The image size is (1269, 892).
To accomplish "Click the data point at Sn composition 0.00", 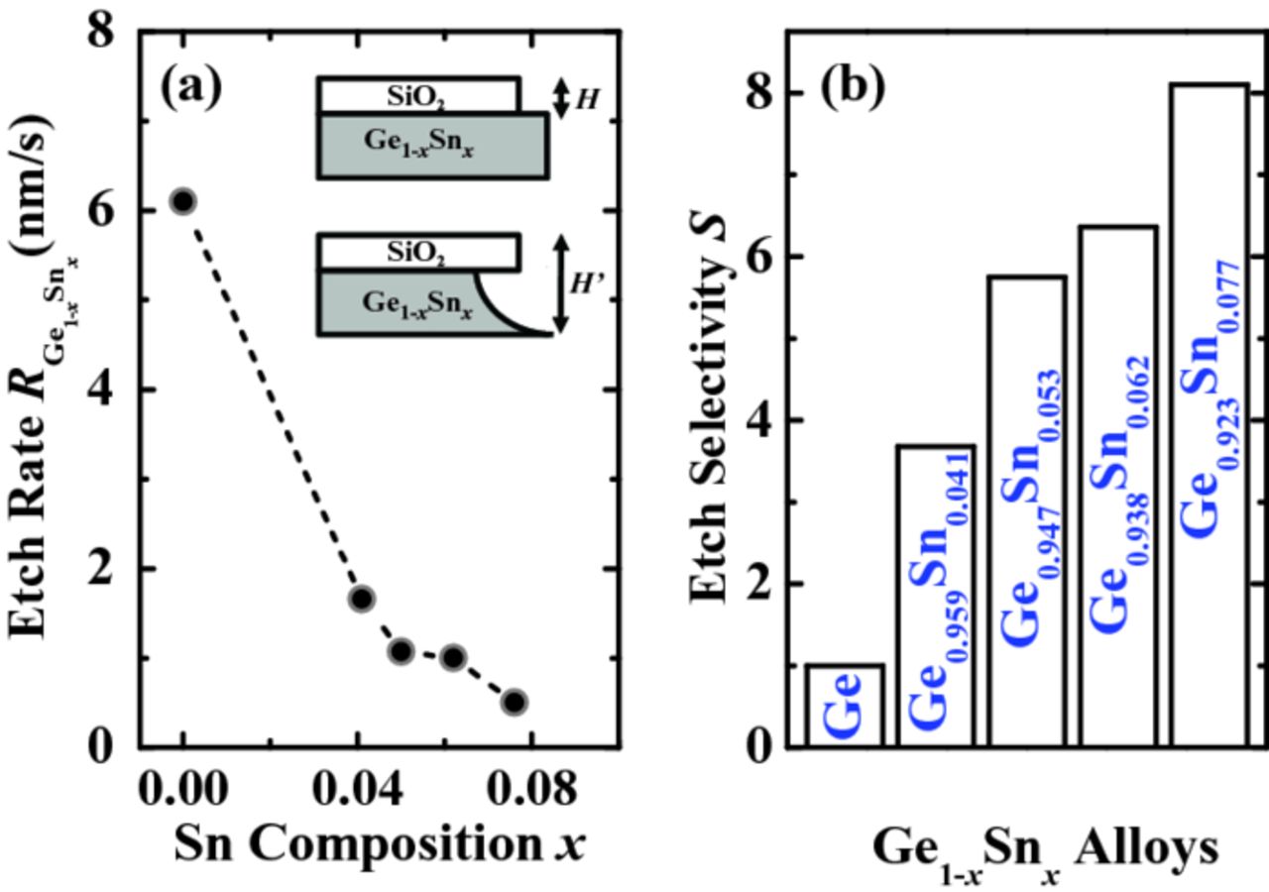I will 182,201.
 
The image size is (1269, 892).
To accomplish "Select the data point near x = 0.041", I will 362,598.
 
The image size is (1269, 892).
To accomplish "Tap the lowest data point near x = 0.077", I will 514,702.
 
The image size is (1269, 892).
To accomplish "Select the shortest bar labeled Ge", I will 845,705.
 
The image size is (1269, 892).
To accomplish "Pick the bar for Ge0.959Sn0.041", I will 936,595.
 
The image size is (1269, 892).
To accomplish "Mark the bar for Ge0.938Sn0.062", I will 1117,486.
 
